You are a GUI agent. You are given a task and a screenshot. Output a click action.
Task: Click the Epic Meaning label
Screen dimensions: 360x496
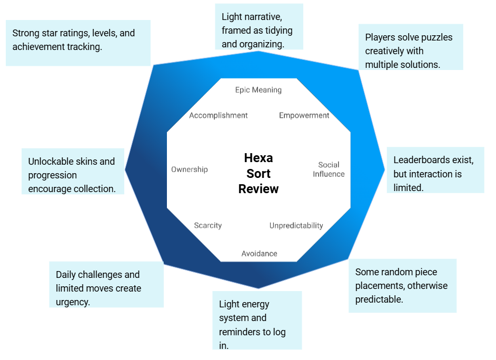(x=258, y=90)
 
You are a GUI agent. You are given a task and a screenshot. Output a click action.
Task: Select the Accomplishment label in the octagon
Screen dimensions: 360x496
(x=218, y=115)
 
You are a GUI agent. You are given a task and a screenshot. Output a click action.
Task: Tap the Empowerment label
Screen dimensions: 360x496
(x=304, y=115)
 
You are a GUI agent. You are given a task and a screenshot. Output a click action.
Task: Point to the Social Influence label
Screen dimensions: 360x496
(x=329, y=169)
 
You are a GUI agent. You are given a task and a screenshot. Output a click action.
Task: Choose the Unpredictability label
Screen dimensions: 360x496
(x=296, y=225)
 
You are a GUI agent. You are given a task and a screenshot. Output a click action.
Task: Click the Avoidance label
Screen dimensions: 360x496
(x=259, y=254)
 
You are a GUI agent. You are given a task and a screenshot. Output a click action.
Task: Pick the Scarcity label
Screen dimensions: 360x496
(x=207, y=225)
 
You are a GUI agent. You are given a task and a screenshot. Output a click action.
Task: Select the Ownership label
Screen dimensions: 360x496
(x=189, y=169)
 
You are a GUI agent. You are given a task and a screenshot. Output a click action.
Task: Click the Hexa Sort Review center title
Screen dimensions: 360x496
(x=258, y=173)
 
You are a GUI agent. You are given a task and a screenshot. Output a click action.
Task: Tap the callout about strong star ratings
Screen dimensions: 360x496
(x=78, y=43)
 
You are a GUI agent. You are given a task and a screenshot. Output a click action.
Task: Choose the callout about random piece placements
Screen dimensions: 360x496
(x=402, y=286)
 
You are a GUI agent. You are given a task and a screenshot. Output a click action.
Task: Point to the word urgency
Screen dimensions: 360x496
(x=73, y=302)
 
